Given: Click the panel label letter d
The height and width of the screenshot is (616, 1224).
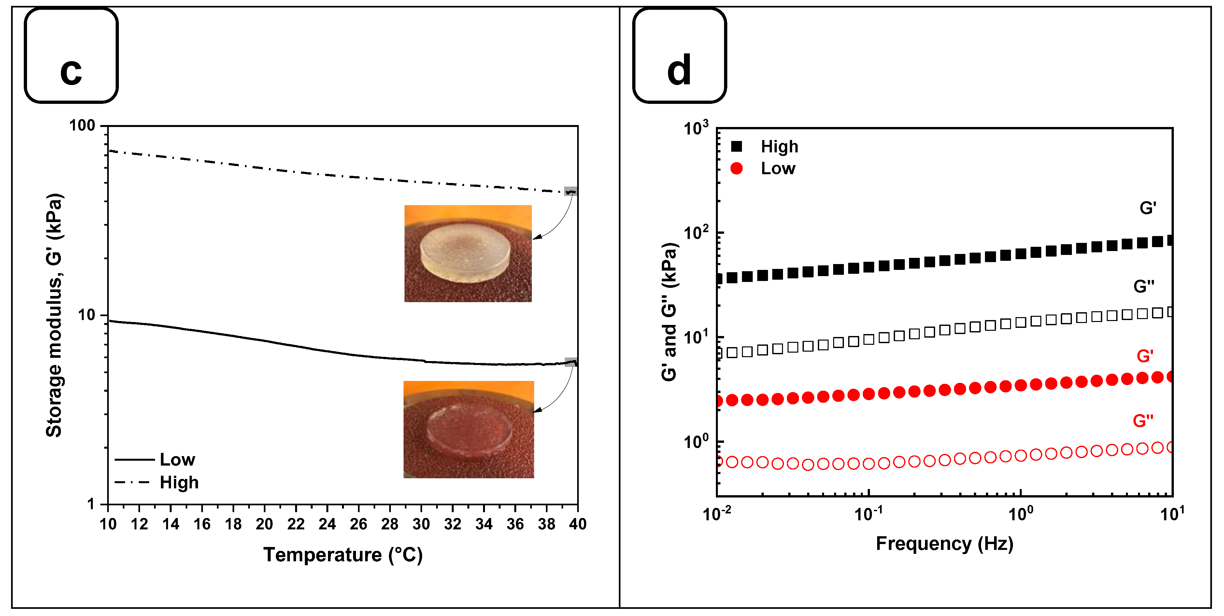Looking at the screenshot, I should click(x=679, y=70).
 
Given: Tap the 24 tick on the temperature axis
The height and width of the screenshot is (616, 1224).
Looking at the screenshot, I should click(x=327, y=524).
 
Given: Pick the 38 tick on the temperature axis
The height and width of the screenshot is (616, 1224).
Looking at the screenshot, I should click(x=547, y=524).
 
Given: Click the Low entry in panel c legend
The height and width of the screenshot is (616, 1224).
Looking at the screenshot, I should click(x=177, y=459).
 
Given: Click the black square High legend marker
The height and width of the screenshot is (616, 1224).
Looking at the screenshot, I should click(x=736, y=146).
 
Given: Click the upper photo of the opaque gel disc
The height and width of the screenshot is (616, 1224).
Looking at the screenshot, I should click(x=468, y=253).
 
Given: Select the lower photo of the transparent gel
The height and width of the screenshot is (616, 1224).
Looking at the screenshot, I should click(x=468, y=429).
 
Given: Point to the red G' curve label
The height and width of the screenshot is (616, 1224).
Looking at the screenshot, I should click(x=1145, y=356).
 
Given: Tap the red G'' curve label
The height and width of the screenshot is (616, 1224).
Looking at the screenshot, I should click(x=1143, y=420).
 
